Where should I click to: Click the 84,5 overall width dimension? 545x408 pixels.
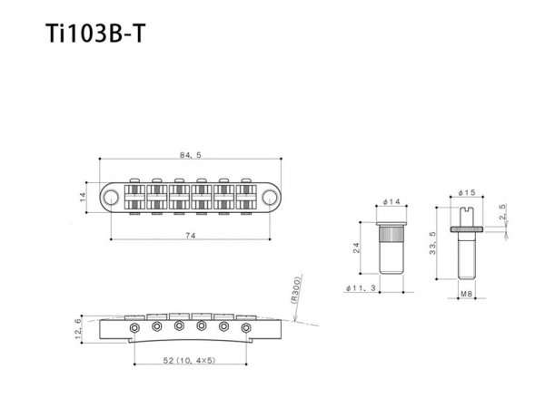191,154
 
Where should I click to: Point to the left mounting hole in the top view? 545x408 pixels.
110,195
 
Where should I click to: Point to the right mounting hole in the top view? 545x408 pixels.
269,195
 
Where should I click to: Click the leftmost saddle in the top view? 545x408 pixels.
134,195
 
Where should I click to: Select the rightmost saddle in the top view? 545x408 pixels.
245,195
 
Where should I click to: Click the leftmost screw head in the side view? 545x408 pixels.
135,325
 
